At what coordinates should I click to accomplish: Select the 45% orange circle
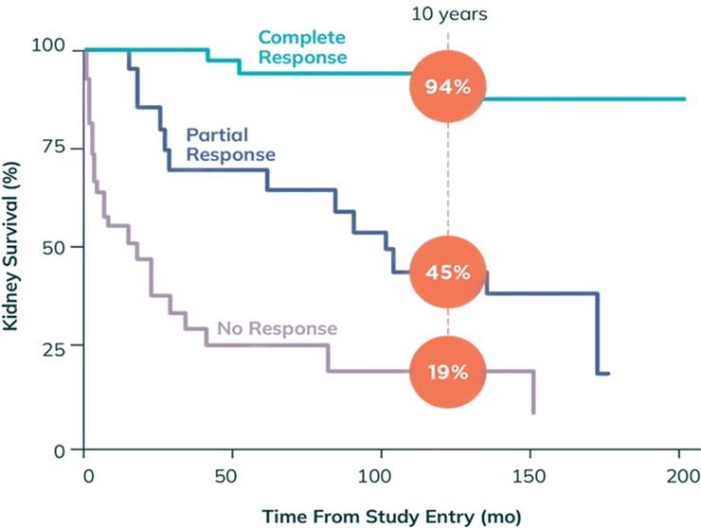(x=448, y=273)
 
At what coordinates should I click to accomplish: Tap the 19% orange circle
(x=448, y=372)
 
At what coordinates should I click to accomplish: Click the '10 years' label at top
(x=448, y=14)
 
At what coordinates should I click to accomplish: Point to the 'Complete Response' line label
(x=302, y=47)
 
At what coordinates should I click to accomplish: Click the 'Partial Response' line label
(x=230, y=144)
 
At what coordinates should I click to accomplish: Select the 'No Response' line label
(x=277, y=328)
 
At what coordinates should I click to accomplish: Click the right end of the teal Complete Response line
(x=684, y=98)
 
